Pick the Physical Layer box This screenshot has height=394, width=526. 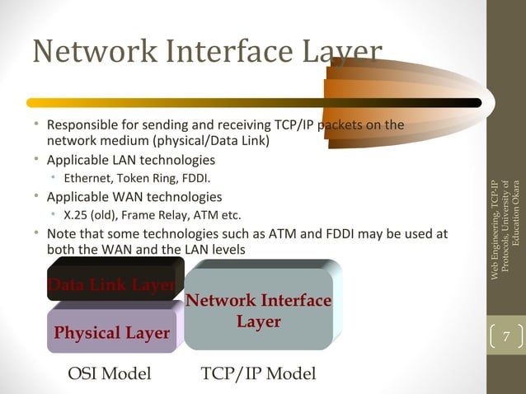[x=111, y=333]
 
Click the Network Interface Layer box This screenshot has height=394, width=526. [x=258, y=312]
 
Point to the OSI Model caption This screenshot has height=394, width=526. [x=110, y=373]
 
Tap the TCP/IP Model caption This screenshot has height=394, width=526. [x=258, y=373]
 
